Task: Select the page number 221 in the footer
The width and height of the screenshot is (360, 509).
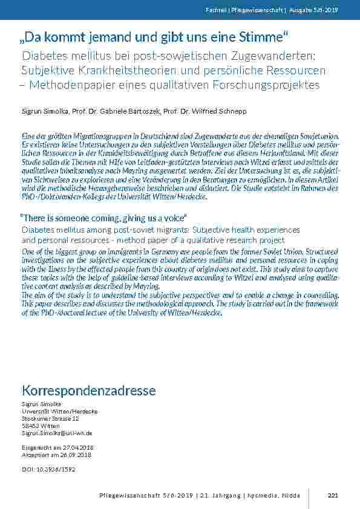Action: [332, 495]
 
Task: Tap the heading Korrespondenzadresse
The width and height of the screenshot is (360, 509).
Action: [88, 391]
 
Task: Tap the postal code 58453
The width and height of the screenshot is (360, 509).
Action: [30, 426]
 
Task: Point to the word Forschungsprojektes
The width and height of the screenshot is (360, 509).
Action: [266, 85]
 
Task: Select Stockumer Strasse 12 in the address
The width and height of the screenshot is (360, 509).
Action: [50, 418]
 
